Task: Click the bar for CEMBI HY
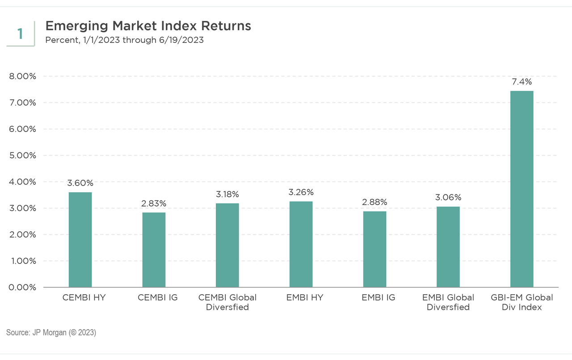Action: coord(80,240)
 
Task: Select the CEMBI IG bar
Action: coord(154,250)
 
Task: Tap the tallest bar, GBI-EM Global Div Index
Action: coord(522,189)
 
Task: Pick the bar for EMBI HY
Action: coord(301,244)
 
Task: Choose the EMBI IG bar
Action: coord(374,249)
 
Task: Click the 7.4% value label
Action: coord(522,82)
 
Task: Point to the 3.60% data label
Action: coord(80,183)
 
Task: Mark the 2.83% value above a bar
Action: coord(154,203)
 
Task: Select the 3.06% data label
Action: coord(448,197)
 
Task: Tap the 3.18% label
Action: coord(227,194)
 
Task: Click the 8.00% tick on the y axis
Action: coord(22,76)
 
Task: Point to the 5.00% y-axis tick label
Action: coord(22,156)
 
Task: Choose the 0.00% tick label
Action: coord(22,287)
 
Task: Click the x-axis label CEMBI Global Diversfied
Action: coord(227,302)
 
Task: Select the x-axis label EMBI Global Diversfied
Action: coord(448,302)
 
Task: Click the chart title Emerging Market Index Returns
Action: coord(148,26)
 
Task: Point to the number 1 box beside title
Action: coord(20,34)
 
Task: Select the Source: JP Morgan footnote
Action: coord(51,333)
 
